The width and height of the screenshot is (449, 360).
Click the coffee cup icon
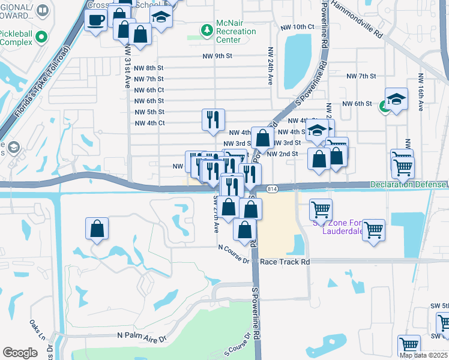point(96,21)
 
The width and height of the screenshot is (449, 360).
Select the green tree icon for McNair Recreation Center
point(207,29)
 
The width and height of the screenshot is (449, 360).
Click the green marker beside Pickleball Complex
point(41,37)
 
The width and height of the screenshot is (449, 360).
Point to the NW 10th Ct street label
point(298,27)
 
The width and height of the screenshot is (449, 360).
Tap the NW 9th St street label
point(217,56)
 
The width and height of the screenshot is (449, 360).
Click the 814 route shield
point(273,188)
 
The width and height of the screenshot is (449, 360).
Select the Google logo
point(20,353)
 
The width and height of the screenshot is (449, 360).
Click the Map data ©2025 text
point(423,355)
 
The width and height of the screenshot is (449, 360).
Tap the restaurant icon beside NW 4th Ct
point(213,120)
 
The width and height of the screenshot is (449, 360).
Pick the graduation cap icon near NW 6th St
point(396,99)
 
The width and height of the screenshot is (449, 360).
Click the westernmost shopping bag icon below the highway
point(97,229)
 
